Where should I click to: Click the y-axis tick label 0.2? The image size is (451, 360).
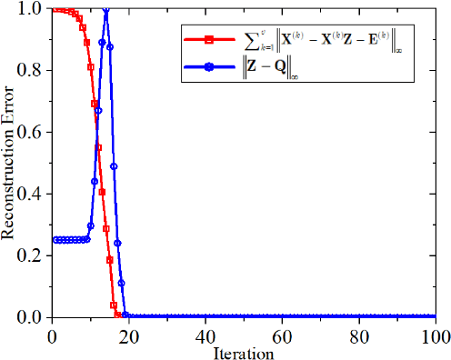pos(35,255)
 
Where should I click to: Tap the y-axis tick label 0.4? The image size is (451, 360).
pos(35,194)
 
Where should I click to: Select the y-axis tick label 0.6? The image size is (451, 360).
pos(35,132)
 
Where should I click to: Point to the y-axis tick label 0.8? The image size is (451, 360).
pos(35,70)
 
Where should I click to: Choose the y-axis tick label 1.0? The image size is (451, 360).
pos(35,9)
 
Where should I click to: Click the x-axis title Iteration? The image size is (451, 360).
pos(244,350)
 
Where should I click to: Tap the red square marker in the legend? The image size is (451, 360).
pos(209,39)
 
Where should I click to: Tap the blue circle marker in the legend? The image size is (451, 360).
pos(209,67)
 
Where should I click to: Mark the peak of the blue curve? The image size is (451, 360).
pos(106,10)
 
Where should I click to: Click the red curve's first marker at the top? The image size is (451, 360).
pos(55,9)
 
